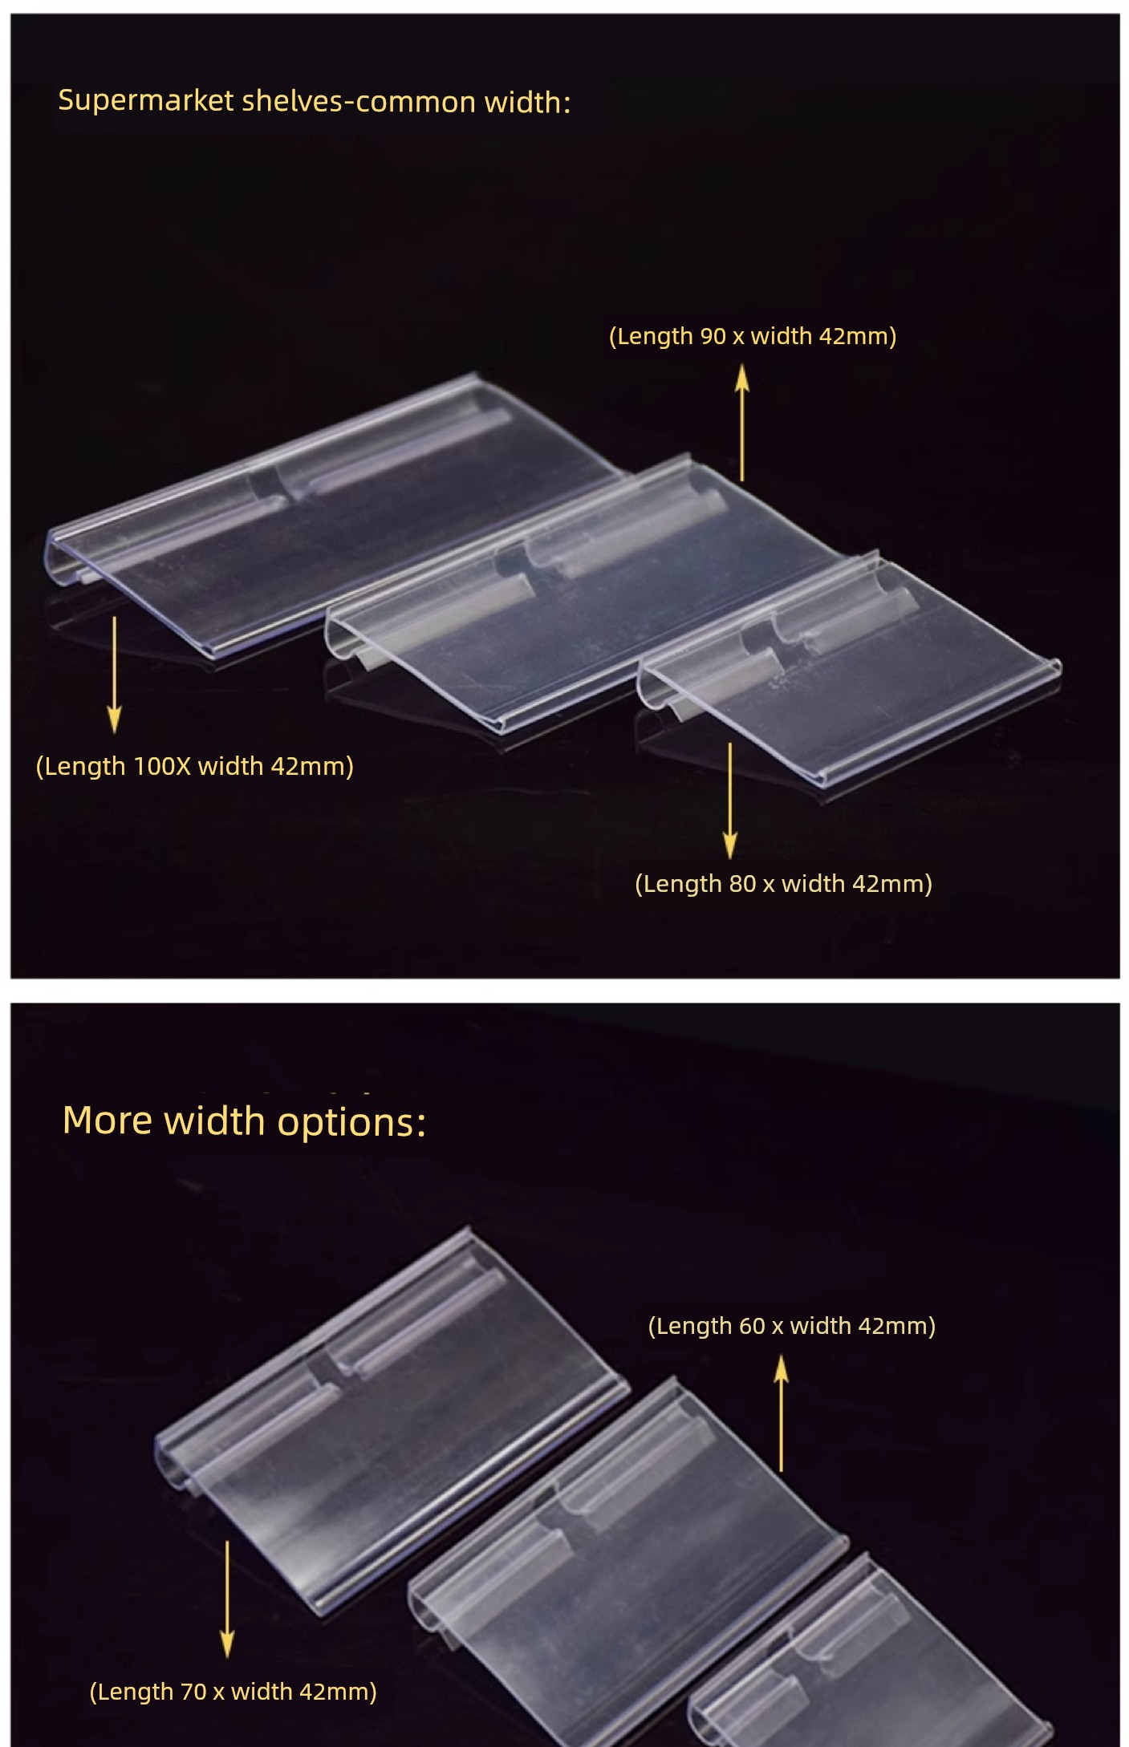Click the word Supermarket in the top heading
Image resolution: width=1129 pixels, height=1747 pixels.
click(x=146, y=101)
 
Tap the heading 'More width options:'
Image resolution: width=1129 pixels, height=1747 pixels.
click(x=244, y=1121)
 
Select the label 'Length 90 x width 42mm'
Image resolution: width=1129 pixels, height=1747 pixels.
click(x=753, y=336)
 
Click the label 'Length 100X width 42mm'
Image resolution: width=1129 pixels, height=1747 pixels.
click(x=195, y=767)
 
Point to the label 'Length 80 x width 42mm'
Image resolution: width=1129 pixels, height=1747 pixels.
click(x=784, y=884)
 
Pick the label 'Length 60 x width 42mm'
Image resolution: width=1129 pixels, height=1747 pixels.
click(x=792, y=1326)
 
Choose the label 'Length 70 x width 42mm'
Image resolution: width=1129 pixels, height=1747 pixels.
click(x=233, y=1692)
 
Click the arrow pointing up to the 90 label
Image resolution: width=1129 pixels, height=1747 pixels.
click(x=742, y=423)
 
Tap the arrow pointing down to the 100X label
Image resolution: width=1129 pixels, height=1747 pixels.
click(x=115, y=675)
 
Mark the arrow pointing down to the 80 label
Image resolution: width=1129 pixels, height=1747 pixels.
click(x=730, y=801)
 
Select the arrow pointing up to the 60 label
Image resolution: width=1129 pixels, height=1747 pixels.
click(x=782, y=1413)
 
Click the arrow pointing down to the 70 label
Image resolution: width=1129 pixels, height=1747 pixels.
click(x=228, y=1599)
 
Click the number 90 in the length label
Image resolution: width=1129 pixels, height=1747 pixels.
click(x=713, y=336)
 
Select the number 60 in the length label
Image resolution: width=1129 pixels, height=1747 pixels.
click(x=752, y=1326)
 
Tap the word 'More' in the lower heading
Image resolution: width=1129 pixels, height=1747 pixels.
click(x=108, y=1121)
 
